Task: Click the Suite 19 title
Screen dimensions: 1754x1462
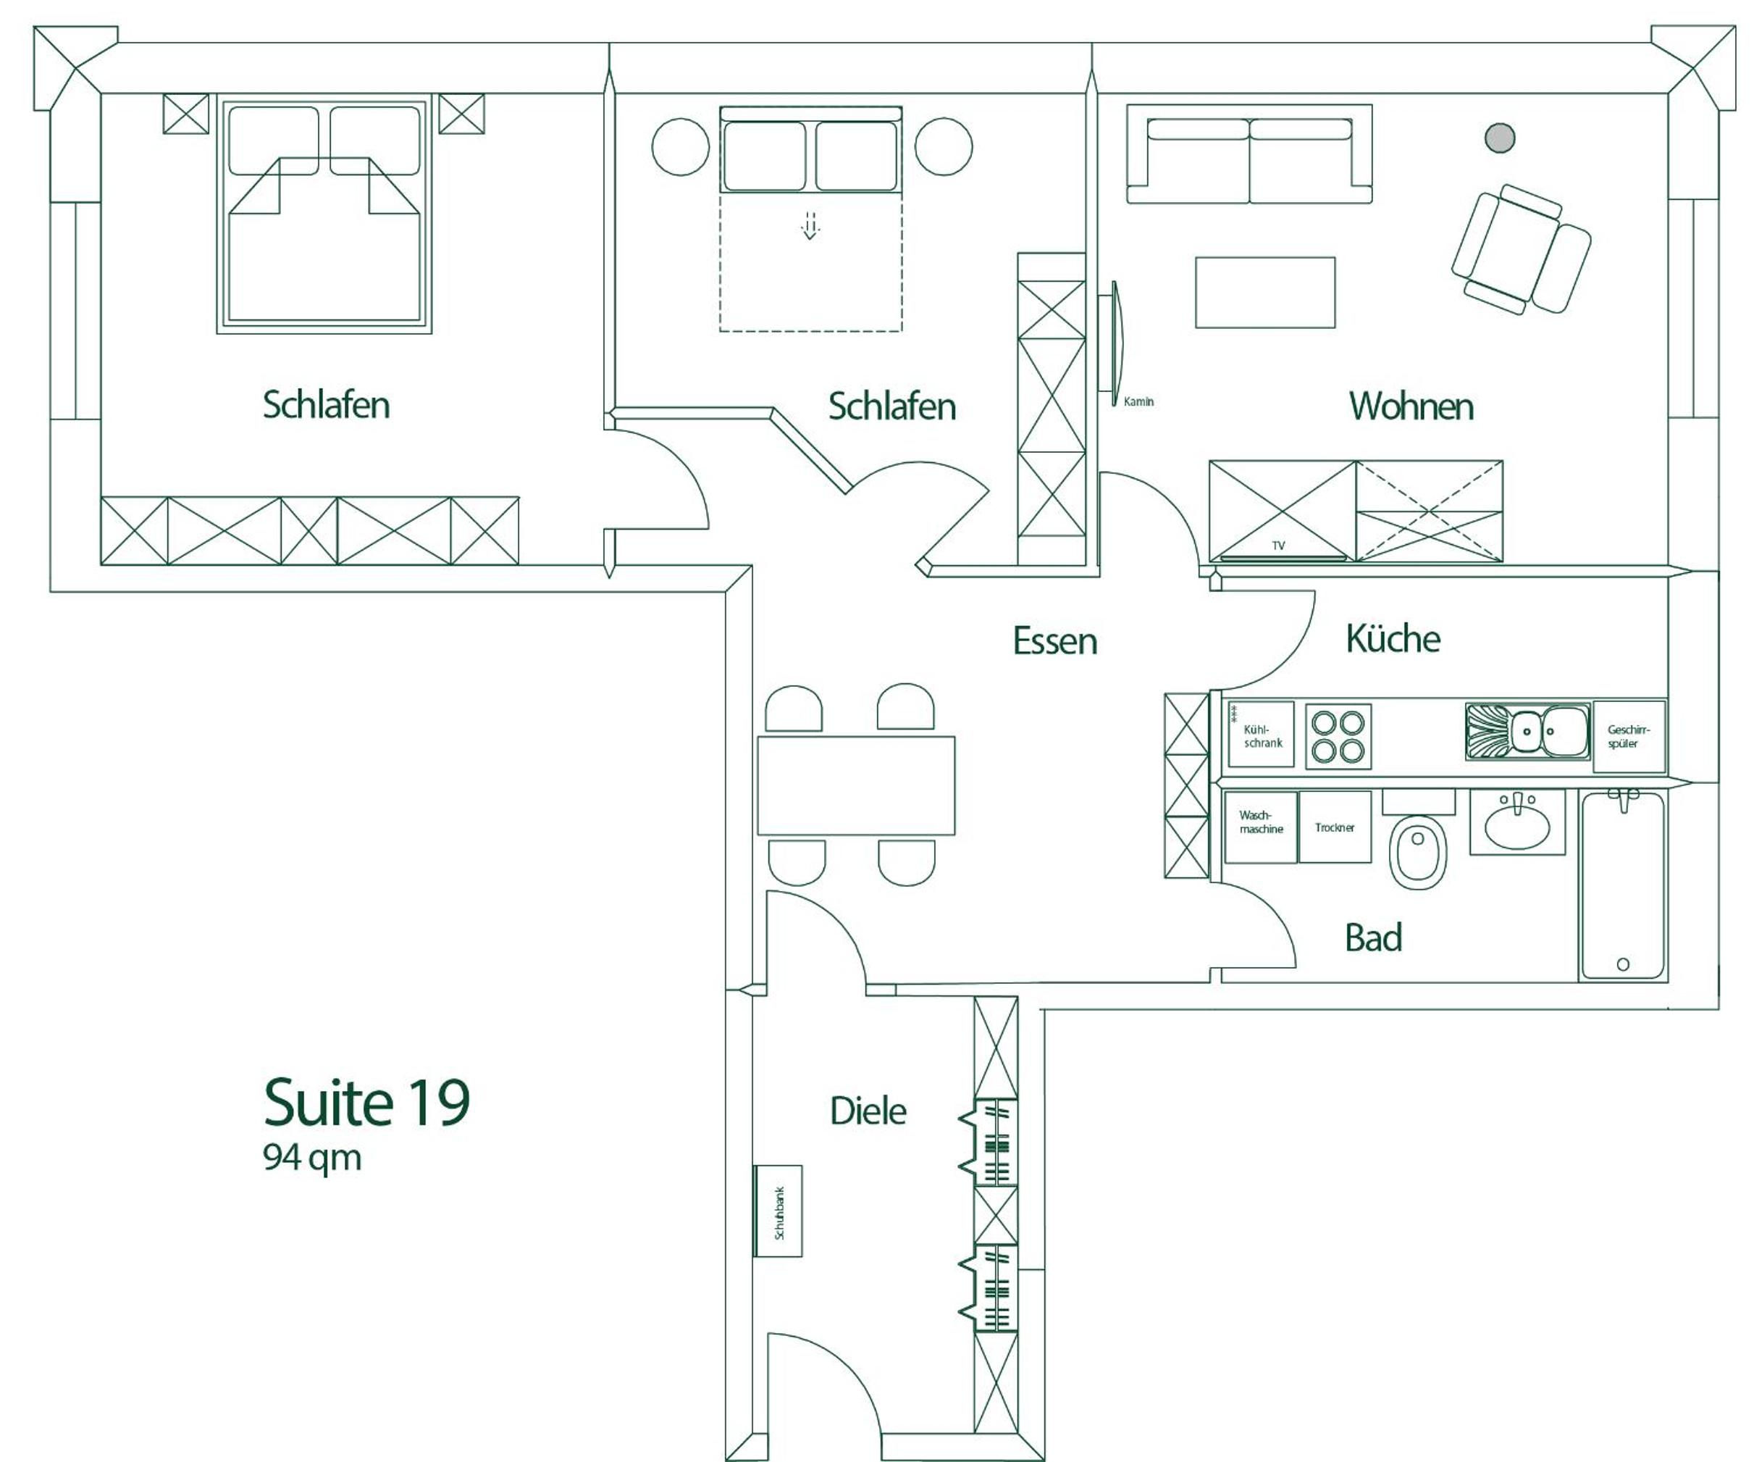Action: (x=366, y=1103)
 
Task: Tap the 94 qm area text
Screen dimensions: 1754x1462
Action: (x=312, y=1158)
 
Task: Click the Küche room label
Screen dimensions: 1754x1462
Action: (x=1393, y=638)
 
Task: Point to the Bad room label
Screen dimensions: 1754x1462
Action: (x=1373, y=937)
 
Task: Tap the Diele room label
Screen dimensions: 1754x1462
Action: (x=868, y=1111)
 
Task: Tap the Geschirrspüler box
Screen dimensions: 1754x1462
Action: (x=1629, y=736)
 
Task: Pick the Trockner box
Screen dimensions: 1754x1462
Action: (x=1335, y=827)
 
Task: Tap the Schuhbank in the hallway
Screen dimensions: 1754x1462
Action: (x=779, y=1211)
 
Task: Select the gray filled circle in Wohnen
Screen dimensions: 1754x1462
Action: (x=1500, y=138)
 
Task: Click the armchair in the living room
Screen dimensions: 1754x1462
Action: (x=1520, y=250)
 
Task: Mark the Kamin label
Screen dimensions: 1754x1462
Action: (x=1138, y=402)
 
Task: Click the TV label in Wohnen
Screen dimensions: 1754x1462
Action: (x=1278, y=546)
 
